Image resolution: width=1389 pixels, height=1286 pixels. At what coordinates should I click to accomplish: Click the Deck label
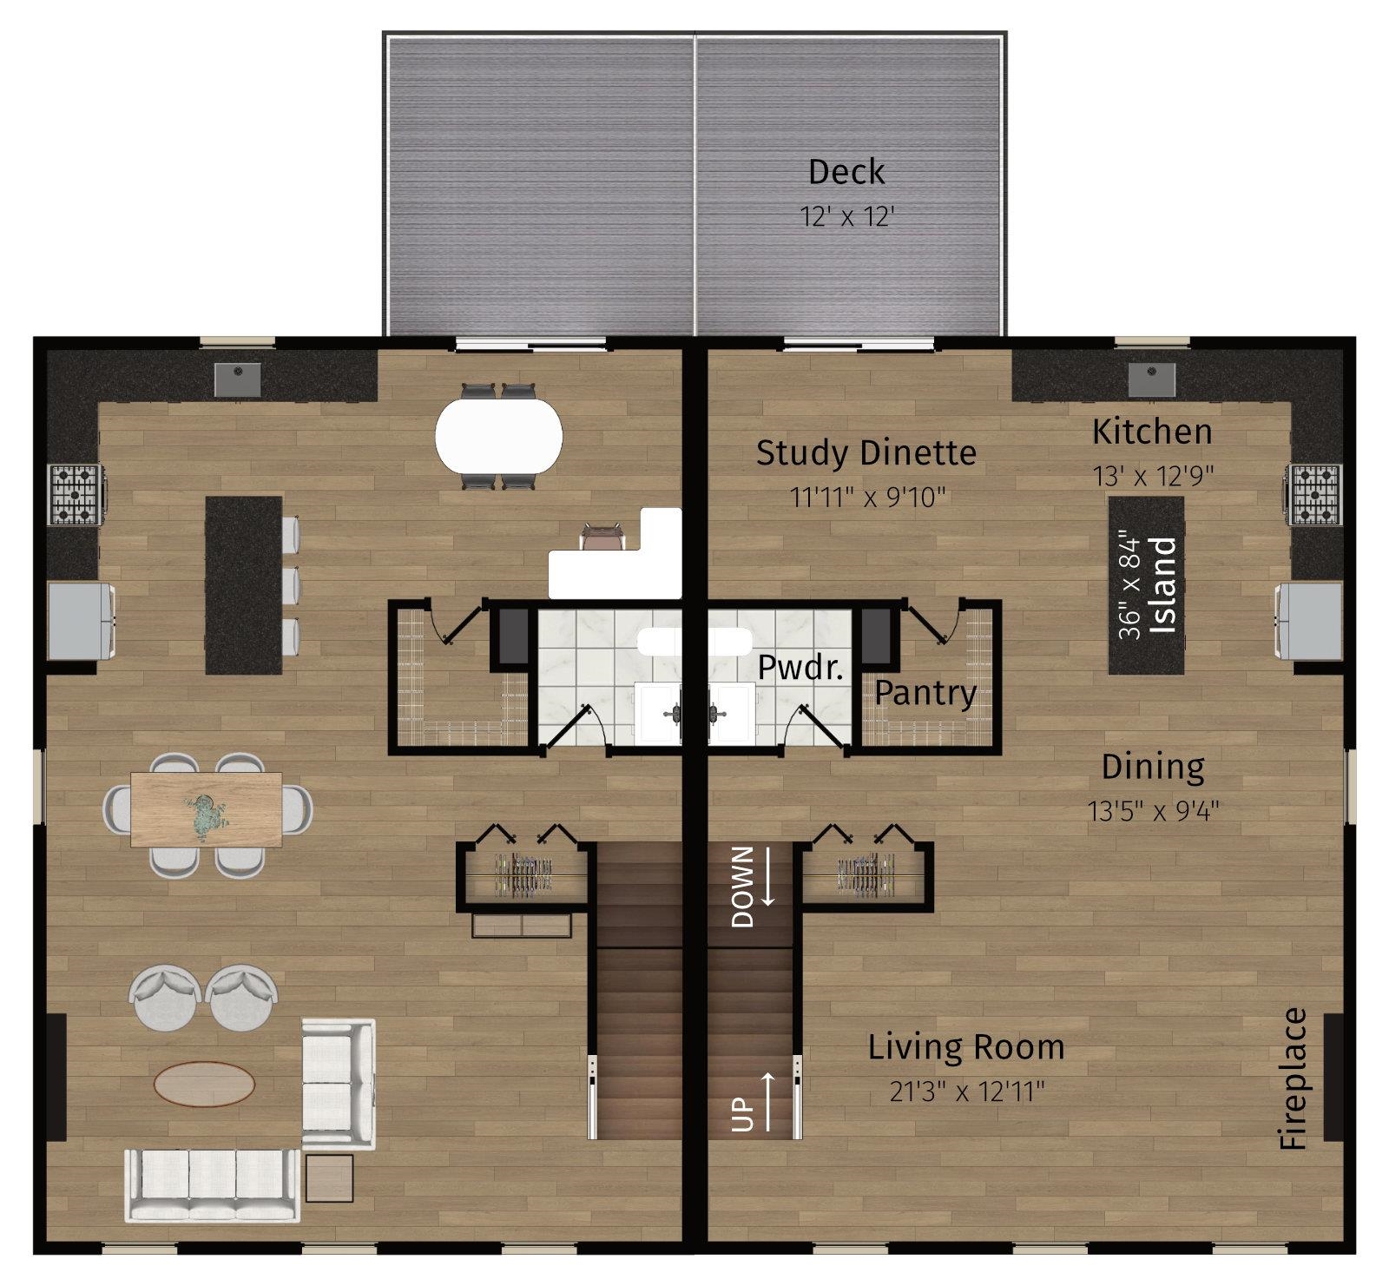point(846,172)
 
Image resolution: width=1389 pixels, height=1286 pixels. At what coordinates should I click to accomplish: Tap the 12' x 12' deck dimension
point(846,216)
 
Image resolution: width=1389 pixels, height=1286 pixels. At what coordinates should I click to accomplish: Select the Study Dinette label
point(866,452)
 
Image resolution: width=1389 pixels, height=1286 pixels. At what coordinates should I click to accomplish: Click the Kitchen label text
point(1152,432)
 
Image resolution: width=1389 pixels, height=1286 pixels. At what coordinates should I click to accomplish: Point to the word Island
point(1162,584)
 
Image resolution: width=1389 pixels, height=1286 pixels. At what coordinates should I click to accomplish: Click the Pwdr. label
point(801,667)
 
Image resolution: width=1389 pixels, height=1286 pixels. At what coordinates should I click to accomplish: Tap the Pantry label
point(925,693)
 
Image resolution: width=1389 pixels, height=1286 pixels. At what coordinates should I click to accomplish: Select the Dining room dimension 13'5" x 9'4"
point(1154,811)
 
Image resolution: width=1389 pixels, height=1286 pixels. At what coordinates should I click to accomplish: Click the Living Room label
point(966,1047)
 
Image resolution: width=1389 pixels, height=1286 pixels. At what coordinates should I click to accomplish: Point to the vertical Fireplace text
point(1294,1078)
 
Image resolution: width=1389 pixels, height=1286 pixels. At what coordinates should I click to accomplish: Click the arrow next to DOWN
point(768,877)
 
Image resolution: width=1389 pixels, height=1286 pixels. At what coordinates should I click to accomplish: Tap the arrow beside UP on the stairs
point(768,1102)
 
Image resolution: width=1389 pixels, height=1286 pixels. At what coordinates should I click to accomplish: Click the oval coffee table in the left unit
point(205,1084)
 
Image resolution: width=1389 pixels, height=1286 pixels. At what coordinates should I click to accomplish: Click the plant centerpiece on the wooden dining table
point(207,816)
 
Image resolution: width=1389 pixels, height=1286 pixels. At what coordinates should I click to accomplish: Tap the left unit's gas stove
point(76,495)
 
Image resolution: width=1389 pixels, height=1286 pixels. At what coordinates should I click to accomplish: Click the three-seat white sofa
point(214,1185)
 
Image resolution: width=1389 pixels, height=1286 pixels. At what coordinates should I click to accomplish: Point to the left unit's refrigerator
point(82,621)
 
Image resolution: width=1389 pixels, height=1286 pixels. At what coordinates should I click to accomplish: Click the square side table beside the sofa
point(329,1177)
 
